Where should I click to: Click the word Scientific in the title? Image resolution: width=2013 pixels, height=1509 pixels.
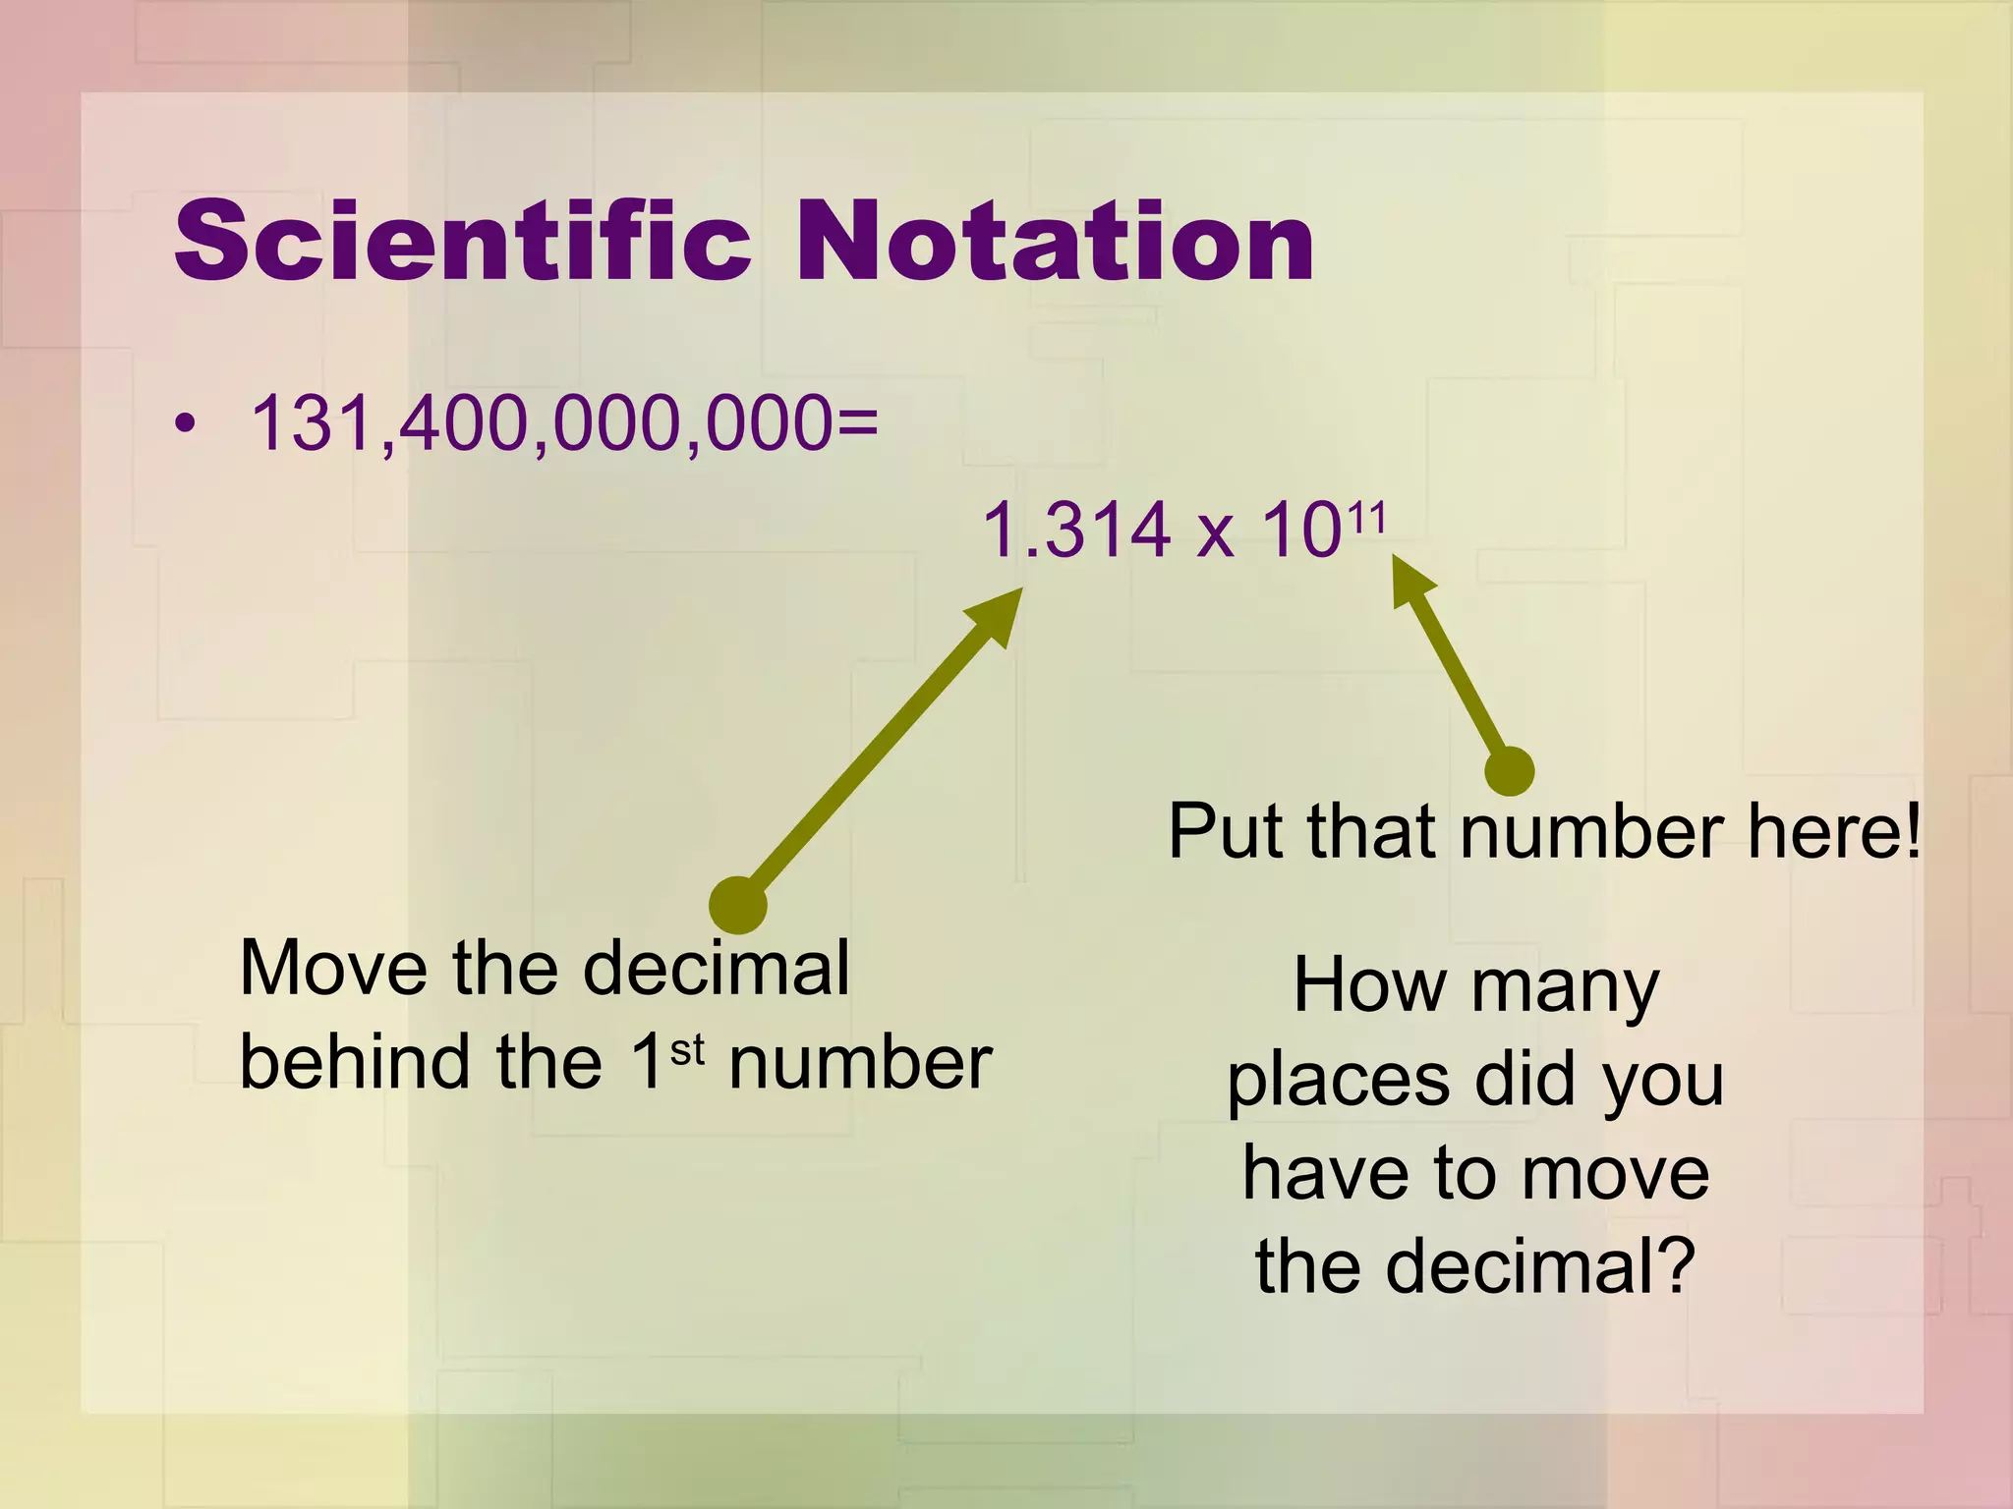click(462, 241)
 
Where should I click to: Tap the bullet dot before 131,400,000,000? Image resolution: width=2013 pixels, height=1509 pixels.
click(184, 424)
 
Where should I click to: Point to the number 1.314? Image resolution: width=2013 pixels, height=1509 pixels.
click(1076, 531)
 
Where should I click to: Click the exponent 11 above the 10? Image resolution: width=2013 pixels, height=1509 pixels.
click(1366, 517)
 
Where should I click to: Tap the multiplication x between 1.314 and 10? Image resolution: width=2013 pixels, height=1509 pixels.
click(1215, 535)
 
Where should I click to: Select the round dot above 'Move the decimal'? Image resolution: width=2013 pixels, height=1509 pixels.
click(737, 905)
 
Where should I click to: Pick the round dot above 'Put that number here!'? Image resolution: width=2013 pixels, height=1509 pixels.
click(1509, 770)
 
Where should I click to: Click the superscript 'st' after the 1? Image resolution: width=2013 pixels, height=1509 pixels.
click(687, 1050)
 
